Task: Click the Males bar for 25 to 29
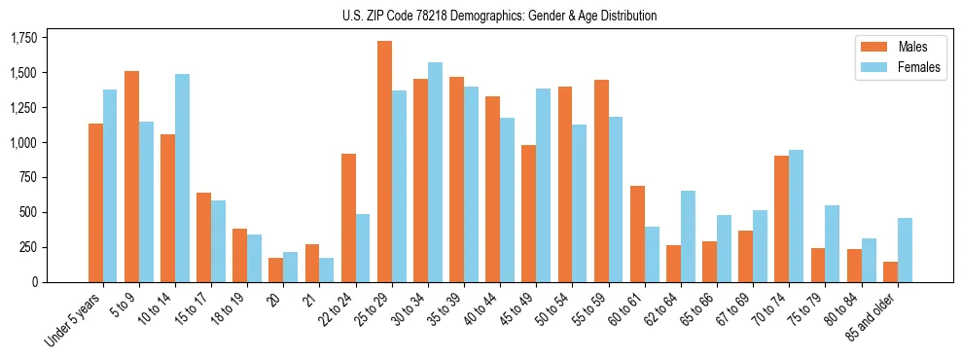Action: pos(384,162)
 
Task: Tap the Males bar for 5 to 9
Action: pos(131,176)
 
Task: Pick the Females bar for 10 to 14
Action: pos(182,178)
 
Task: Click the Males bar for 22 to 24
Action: pos(348,218)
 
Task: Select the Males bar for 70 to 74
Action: pos(782,219)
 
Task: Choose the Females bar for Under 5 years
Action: pos(110,186)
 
